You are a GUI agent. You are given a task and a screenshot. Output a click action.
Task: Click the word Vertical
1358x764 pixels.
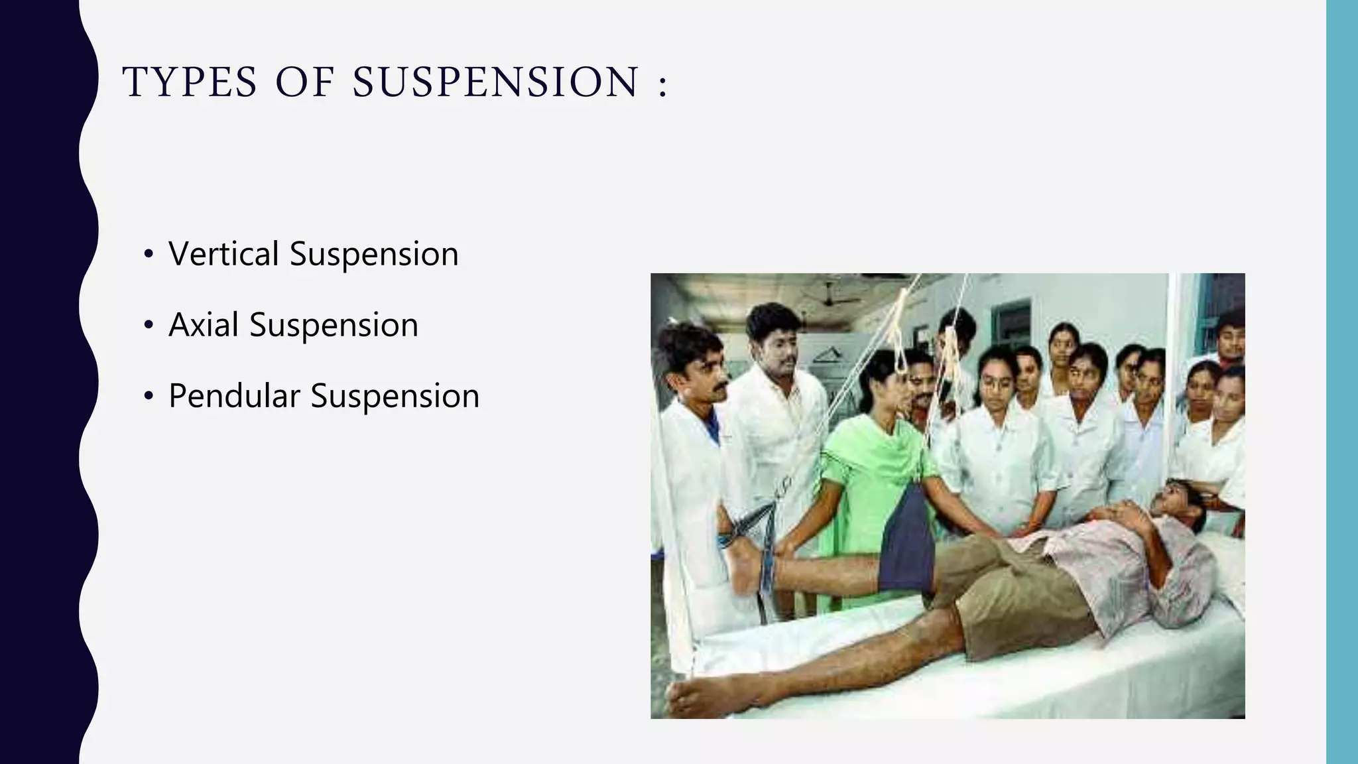tap(223, 254)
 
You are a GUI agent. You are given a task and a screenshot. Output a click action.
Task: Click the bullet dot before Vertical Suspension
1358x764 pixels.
tap(149, 255)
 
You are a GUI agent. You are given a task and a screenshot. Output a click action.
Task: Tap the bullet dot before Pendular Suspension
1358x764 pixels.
tap(149, 397)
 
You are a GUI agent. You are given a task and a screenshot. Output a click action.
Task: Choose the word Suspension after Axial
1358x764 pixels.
tap(334, 325)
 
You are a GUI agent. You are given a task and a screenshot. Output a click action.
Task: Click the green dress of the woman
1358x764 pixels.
tap(869, 477)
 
